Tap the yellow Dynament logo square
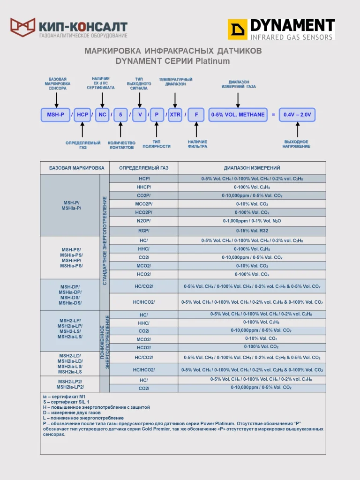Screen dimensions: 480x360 [x=237, y=30]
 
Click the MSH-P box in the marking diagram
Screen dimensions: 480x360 [x=56, y=114]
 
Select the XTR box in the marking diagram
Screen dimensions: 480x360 [x=175, y=114]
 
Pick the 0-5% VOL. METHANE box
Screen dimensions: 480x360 [x=238, y=114]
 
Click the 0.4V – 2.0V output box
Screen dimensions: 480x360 [x=297, y=114]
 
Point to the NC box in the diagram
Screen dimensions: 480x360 [x=102, y=114]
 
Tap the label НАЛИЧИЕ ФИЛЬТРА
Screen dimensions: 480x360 [x=197, y=144]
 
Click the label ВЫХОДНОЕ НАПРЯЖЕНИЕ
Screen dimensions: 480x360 [x=296, y=144]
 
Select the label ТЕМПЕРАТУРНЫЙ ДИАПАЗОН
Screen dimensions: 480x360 [x=176, y=82]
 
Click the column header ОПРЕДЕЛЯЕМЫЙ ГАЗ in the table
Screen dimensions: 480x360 [x=143, y=168]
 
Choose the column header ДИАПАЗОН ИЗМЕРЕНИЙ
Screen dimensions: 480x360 [x=252, y=168]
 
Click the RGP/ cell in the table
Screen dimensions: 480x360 [x=143, y=231]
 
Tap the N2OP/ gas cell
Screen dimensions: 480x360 [x=143, y=221]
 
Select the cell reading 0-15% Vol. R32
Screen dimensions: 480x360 [x=252, y=231]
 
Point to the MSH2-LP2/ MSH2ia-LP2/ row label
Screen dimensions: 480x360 [x=70, y=384]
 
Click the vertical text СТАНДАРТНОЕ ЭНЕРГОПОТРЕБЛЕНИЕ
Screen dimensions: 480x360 [x=105, y=240]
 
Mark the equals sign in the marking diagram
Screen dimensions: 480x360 [x=273, y=114]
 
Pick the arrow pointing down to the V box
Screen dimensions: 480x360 [x=140, y=99]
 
